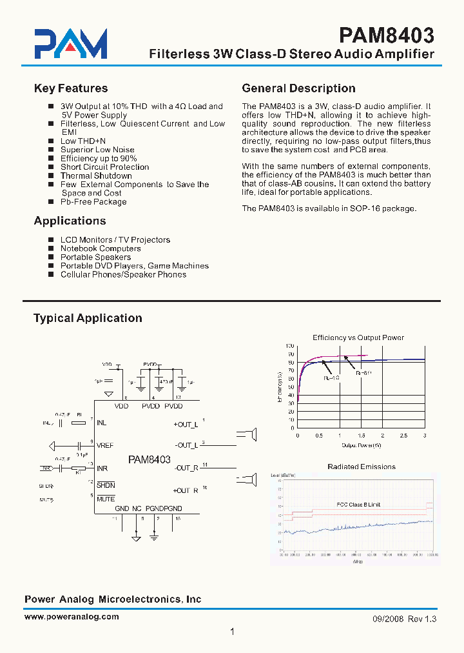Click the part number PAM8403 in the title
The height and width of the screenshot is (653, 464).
click(387, 34)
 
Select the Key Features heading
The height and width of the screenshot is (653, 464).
click(70, 88)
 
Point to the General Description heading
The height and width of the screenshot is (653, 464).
click(298, 88)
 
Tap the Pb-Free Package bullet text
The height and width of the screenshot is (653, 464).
click(93, 201)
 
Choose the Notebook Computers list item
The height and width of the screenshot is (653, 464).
click(101, 248)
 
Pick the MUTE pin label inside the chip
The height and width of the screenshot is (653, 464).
click(106, 499)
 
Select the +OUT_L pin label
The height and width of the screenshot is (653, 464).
click(186, 425)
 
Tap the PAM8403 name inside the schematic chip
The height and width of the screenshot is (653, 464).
click(150, 460)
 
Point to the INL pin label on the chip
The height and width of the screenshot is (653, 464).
click(102, 423)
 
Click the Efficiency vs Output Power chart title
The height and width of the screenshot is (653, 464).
click(358, 337)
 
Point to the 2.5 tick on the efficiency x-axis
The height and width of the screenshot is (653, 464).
click(403, 436)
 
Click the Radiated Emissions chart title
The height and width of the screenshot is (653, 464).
click(362, 467)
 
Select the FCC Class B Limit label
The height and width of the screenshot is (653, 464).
click(358, 505)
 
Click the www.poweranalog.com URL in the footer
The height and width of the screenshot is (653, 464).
click(72, 616)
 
